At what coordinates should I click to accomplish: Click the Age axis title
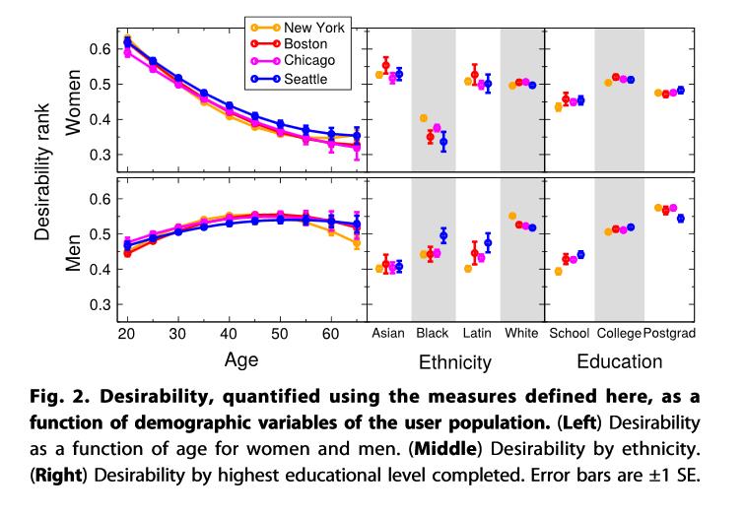pos(240,359)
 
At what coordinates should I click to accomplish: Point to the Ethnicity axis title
pos(454,362)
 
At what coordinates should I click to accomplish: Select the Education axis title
pos(619,361)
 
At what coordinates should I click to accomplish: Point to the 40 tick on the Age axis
pos(229,334)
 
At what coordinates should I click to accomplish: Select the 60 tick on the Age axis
pos(330,334)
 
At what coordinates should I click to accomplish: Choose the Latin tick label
pos(477,334)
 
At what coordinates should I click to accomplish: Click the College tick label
pos(620,334)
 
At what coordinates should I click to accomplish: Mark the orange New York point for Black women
pos(424,118)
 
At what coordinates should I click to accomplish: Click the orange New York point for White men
pos(512,216)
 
